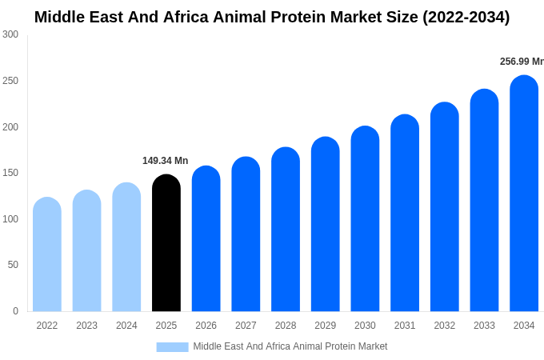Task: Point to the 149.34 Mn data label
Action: point(165,161)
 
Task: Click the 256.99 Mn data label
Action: point(521,62)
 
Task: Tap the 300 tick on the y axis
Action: point(10,34)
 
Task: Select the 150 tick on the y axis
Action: point(10,173)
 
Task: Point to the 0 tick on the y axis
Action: point(15,311)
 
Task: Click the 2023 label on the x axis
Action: point(86,326)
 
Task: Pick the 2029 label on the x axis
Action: point(325,326)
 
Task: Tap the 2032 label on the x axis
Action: point(444,326)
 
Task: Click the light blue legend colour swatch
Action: point(172,346)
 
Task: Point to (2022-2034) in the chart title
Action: point(466,17)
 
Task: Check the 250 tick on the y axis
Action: point(10,81)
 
